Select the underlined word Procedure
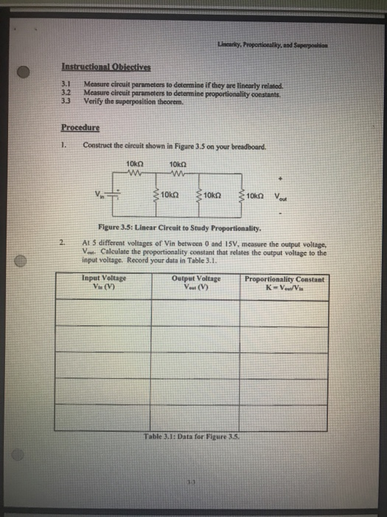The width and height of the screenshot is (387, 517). [x=80, y=126]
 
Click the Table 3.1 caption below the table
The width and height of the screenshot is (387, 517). [x=193, y=435]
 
